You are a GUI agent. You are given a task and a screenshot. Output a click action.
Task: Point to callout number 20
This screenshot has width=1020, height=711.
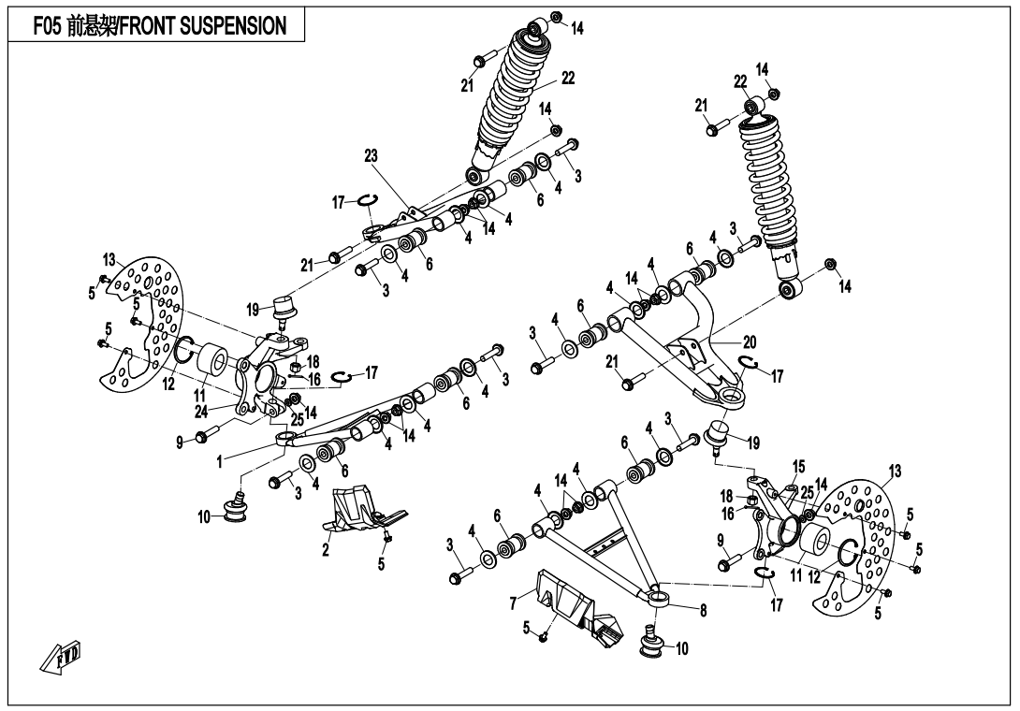tap(749, 342)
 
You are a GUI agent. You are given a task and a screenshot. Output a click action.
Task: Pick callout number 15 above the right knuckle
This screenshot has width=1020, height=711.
tap(798, 466)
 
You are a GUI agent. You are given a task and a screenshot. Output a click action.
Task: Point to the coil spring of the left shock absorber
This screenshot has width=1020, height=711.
tap(512, 94)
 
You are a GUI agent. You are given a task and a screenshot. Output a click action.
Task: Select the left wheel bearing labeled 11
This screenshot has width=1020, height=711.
tap(211, 361)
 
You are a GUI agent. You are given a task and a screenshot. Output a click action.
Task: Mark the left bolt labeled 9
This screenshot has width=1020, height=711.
tap(209, 435)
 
